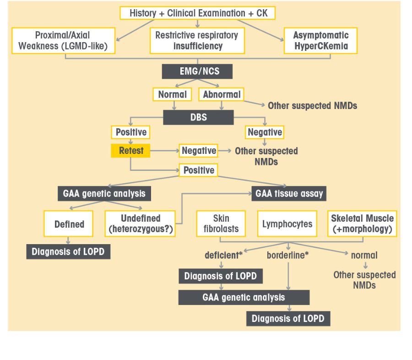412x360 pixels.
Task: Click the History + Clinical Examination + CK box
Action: tap(197, 13)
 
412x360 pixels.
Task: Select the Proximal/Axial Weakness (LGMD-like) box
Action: tap(63, 41)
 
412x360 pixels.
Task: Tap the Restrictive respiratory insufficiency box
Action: tap(197, 41)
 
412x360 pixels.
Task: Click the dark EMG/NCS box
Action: tap(197, 71)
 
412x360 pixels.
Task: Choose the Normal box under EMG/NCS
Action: tap(172, 95)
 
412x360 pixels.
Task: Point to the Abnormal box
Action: tap(221, 95)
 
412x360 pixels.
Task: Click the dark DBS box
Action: tap(198, 117)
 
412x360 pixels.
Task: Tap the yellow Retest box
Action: tap(131, 151)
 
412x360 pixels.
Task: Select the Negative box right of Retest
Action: tap(199, 151)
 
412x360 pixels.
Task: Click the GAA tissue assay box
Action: tap(289, 194)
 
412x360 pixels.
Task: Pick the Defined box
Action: tap(69, 224)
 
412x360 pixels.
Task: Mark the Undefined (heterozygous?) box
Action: tap(141, 224)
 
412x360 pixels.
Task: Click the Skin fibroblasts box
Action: tap(221, 224)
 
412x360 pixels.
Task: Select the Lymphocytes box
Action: tap(287, 224)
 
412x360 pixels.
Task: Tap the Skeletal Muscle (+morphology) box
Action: tap(362, 224)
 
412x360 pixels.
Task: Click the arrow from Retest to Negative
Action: tap(164, 151)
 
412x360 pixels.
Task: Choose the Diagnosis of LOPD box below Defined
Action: tap(68, 252)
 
